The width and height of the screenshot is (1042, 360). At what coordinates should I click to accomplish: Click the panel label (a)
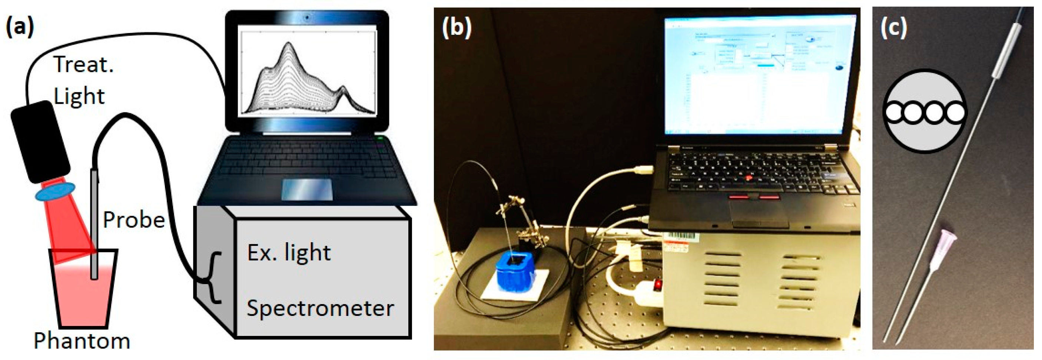point(19,27)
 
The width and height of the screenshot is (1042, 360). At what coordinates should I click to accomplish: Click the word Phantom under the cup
point(82,341)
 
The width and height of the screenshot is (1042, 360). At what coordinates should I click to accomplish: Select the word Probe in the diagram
point(134,220)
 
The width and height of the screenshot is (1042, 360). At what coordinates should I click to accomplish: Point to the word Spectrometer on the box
point(320,309)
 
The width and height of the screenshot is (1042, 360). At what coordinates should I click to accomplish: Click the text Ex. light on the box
point(289,253)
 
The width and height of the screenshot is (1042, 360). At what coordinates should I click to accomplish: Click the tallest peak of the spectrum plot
point(288,44)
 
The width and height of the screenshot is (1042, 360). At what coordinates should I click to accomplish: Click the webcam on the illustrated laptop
point(308,17)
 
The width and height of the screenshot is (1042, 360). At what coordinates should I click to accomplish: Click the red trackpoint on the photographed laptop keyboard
point(749,177)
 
